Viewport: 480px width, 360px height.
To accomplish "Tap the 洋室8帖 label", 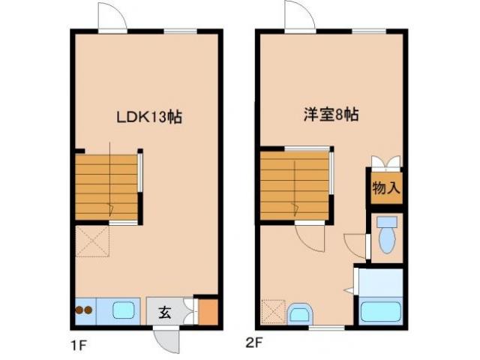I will [x=330, y=115].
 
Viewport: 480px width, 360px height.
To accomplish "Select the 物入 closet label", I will [x=385, y=188].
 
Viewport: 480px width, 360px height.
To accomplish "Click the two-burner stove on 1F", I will [x=84, y=309].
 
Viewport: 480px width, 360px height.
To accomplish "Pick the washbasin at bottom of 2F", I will [x=301, y=313].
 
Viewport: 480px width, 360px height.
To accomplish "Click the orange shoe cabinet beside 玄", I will [x=208, y=310].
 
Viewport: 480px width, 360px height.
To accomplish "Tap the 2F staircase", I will [x=295, y=185].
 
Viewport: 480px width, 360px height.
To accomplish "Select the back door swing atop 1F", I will [x=109, y=16].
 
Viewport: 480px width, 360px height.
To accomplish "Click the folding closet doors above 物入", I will [x=385, y=162].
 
